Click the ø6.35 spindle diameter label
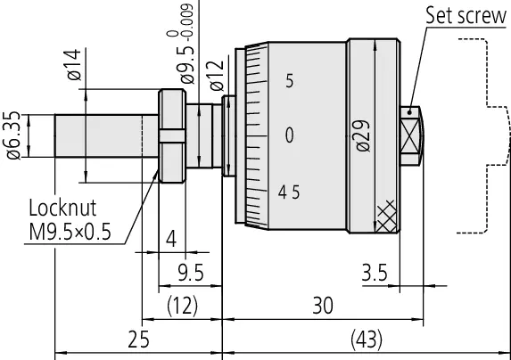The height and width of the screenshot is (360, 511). pyautogui.click(x=13, y=135)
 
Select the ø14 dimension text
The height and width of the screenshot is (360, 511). pyautogui.click(x=74, y=64)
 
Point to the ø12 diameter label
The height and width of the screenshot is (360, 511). pyautogui.click(x=217, y=76)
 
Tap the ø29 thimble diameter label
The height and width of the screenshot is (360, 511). pyautogui.click(x=363, y=135)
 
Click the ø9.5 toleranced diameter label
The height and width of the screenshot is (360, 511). pyautogui.click(x=184, y=45)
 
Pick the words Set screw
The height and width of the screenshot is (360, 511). pyautogui.click(x=466, y=15)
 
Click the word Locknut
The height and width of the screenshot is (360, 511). pyautogui.click(x=62, y=208)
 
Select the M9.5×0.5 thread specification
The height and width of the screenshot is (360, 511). pyautogui.click(x=70, y=232)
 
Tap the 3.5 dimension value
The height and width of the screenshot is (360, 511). pyautogui.click(x=375, y=273)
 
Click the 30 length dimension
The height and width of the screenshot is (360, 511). pyautogui.click(x=323, y=306)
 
